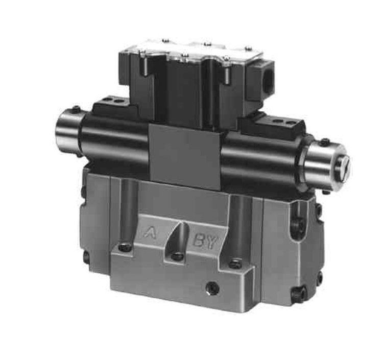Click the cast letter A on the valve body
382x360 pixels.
click(150, 233)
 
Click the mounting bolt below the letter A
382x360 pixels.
click(125, 248)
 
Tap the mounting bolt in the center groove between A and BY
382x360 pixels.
click(177, 256)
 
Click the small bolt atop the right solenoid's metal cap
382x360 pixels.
click(324, 141)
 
